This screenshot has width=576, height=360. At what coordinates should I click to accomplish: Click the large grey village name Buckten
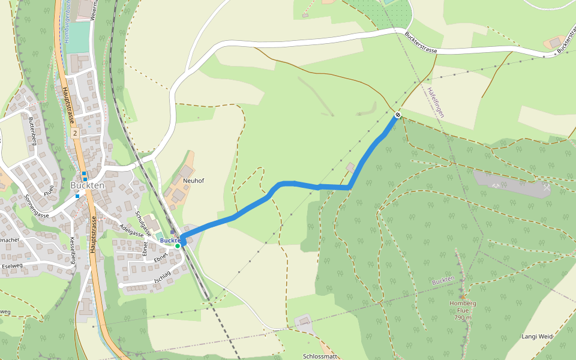point(88,185)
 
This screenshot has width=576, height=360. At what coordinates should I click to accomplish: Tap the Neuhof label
point(194,180)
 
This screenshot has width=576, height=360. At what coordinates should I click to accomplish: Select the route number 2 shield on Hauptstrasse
point(74,131)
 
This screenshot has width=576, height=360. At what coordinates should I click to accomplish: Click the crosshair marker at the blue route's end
point(397,115)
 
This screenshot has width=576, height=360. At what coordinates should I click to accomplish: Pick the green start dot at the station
point(178,245)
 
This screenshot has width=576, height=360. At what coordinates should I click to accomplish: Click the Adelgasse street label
point(132,230)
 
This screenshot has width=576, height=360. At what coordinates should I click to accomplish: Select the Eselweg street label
point(13,266)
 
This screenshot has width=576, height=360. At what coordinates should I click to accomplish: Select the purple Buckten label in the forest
point(443,281)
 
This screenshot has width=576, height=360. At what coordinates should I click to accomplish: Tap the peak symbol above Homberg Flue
point(463,296)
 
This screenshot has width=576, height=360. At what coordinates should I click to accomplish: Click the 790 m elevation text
point(463,317)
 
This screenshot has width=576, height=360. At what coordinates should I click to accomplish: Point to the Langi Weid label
point(536,337)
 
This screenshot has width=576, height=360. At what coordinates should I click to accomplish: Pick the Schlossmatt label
point(320,356)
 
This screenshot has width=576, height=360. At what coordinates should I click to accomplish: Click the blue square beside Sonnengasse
point(77,196)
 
